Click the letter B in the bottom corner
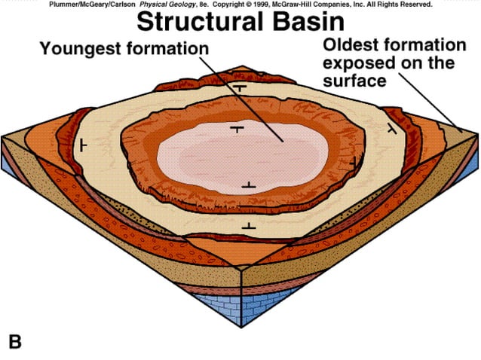click(14, 341)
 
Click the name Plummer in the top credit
click(66, 5)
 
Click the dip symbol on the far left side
click(84, 143)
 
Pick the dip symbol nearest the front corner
click(248, 226)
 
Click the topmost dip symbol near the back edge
click(240, 88)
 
